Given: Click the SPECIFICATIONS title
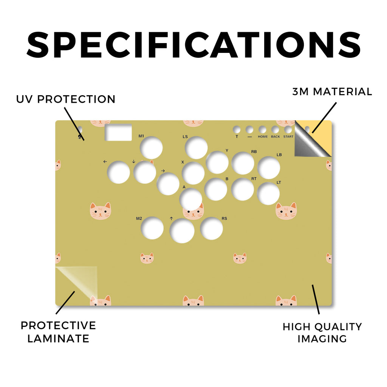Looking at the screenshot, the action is tap(194, 45).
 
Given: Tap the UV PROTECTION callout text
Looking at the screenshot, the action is tap(66, 99).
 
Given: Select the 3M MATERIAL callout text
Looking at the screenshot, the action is tap(332, 91).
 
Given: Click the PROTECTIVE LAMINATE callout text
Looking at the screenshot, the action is tap(58, 332).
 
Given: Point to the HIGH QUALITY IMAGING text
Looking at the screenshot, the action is tap(322, 333).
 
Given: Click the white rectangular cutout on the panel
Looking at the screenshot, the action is tap(118, 132).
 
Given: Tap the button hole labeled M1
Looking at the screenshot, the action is tap(151, 148).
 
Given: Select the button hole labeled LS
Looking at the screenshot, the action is tap(196, 148).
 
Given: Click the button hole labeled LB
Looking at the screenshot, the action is tap(269, 168).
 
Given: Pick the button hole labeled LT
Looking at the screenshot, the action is tap(268, 193).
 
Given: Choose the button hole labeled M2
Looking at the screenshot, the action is tap(152, 228).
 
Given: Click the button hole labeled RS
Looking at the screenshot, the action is tap(212, 229).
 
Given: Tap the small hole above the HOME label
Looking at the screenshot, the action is tap(262, 130).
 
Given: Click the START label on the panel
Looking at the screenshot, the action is tap(288, 136).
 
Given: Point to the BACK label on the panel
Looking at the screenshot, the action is tap(276, 136).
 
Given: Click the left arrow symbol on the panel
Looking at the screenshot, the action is tap(105, 162).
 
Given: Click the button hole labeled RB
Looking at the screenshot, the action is tap(243, 163).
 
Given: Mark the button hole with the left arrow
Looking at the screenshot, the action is tap(118, 172).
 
